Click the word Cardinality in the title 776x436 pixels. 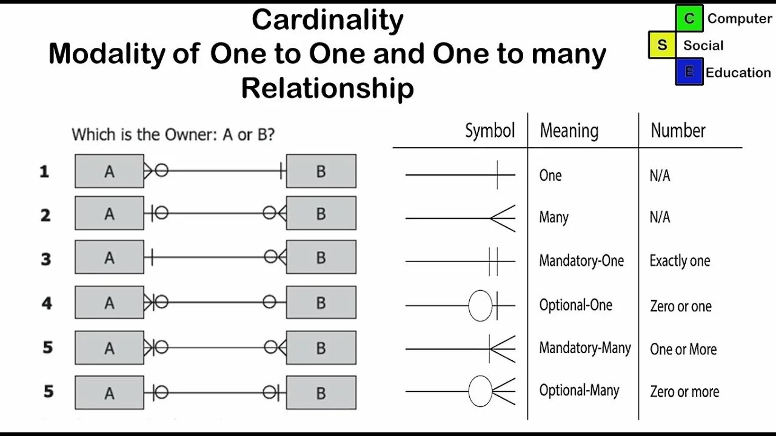pos(327,21)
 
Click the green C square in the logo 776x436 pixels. pos(689,18)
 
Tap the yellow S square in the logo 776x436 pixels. pos(662,45)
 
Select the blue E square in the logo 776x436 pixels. pos(689,72)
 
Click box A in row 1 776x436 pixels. pos(109,171)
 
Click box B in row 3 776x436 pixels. pos(321,258)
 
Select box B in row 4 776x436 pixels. pos(321,302)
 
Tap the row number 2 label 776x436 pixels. pos(45,215)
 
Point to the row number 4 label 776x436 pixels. pos(47,302)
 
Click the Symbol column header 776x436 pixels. pos(490,131)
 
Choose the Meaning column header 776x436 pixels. pos(569,131)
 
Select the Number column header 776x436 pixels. pos(678,131)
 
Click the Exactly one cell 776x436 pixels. pos(680,261)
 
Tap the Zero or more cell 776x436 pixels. pos(684,392)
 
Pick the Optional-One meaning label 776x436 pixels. pos(575,305)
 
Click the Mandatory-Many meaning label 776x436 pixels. pos(585,348)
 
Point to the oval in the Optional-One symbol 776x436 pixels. pos(480,306)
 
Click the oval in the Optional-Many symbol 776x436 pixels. pos(480,391)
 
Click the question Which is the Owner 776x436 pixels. pos(173,134)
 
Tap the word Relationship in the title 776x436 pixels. pos(327,89)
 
